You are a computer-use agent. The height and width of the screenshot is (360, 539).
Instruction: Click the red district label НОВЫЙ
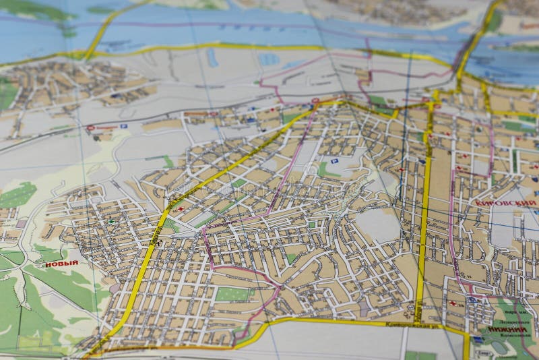tap(61, 264)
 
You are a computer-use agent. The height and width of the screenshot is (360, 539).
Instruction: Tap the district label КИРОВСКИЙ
tap(514, 203)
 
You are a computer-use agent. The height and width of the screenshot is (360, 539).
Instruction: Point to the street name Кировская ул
tap(412, 326)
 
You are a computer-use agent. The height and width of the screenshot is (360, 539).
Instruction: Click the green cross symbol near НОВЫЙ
tap(111, 222)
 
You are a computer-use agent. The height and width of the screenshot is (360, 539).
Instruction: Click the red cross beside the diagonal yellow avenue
tap(180, 210)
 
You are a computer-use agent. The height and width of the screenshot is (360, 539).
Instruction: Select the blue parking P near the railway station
tap(123, 126)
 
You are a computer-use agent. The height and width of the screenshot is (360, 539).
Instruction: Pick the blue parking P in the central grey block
tap(335, 160)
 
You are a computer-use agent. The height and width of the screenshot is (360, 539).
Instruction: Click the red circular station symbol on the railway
tap(90, 127)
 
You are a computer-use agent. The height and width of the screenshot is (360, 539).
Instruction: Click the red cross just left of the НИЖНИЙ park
tap(461, 304)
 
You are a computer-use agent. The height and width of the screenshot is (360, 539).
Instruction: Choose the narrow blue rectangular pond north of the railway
tap(213, 57)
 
